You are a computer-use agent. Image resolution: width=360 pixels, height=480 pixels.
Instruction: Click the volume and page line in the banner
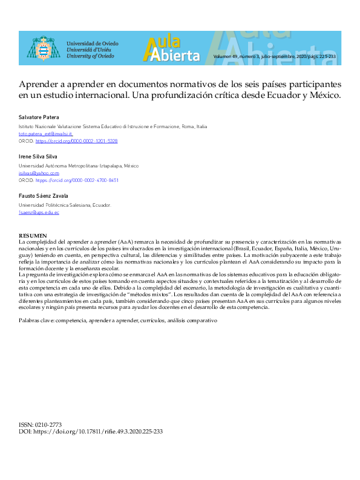274,56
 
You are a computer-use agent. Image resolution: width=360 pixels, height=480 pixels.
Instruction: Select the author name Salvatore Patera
39,117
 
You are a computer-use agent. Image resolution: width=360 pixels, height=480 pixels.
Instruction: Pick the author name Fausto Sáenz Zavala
43,196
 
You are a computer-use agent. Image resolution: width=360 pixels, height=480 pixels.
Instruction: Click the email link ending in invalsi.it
45,134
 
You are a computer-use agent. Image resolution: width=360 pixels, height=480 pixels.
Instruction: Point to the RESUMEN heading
33,235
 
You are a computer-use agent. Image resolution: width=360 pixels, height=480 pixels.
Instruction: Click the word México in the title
324,95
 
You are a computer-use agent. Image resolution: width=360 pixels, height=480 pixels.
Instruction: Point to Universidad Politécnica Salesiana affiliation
65,205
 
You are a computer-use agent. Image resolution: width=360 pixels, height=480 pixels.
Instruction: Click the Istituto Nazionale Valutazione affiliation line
113,126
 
